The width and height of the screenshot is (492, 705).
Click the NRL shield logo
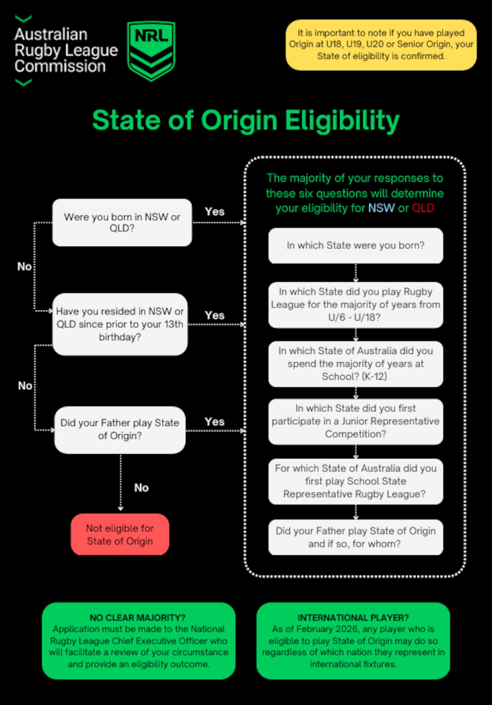(151, 50)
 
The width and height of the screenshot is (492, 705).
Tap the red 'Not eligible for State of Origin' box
(120, 534)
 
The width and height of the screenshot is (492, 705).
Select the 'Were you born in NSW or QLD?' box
(122, 222)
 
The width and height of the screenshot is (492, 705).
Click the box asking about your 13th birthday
(120, 324)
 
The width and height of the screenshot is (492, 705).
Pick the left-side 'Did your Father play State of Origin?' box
(120, 430)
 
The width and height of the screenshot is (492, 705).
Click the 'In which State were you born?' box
(355, 245)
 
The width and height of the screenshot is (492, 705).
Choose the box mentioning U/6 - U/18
(355, 304)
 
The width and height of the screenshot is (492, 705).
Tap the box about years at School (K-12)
(355, 364)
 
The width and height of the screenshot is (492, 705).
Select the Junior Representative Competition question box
(355, 421)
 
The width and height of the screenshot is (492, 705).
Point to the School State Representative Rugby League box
(355, 481)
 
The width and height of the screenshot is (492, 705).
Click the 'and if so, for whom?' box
(355, 537)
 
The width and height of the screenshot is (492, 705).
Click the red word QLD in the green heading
(423, 208)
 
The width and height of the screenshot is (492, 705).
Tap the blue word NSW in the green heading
(381, 208)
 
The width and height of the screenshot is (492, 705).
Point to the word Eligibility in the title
(342, 121)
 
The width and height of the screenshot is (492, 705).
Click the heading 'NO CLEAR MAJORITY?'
(138, 618)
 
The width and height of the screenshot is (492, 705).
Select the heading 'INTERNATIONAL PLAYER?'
(353, 618)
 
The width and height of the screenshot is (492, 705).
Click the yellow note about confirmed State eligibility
(381, 45)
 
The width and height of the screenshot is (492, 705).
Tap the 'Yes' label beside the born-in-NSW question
(215, 212)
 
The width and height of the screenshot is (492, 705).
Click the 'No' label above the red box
(141, 488)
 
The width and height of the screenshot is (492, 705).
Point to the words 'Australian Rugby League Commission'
(66, 50)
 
